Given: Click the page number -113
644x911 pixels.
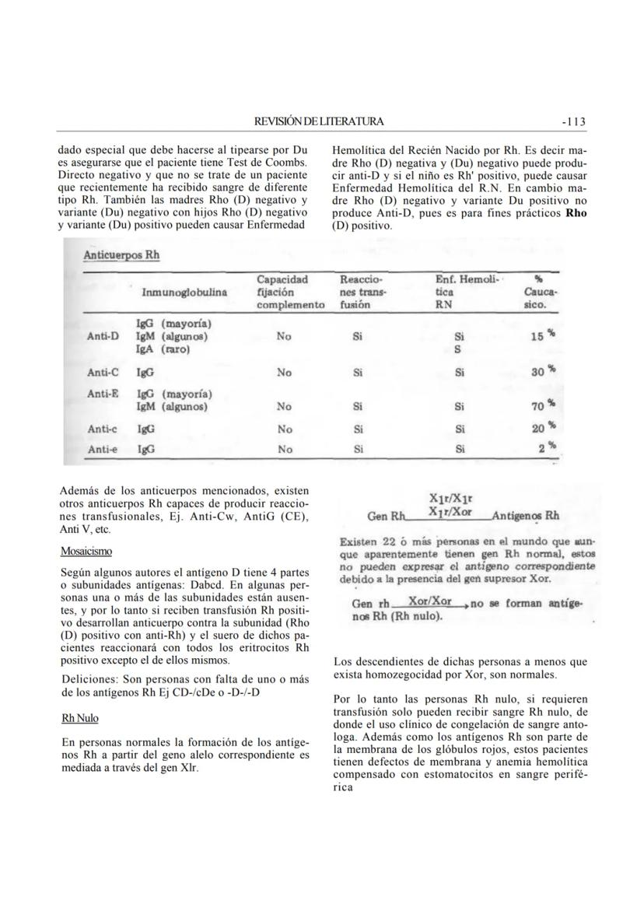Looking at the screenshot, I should point(573,121).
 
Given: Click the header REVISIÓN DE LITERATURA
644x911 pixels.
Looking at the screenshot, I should point(319,121).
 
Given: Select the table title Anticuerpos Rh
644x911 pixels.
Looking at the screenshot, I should point(121,255).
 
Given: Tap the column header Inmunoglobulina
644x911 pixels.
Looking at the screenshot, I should point(184,293).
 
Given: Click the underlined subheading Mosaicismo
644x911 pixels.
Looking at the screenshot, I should point(86,551).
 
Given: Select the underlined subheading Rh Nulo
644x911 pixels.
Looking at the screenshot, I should point(79,718).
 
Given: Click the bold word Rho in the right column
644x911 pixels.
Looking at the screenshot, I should point(576,212).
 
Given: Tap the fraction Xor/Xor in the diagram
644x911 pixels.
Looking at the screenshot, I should point(430,602).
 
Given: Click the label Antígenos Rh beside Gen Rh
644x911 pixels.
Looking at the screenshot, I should point(526,516).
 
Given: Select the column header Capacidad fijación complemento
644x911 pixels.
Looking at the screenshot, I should point(290,292).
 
